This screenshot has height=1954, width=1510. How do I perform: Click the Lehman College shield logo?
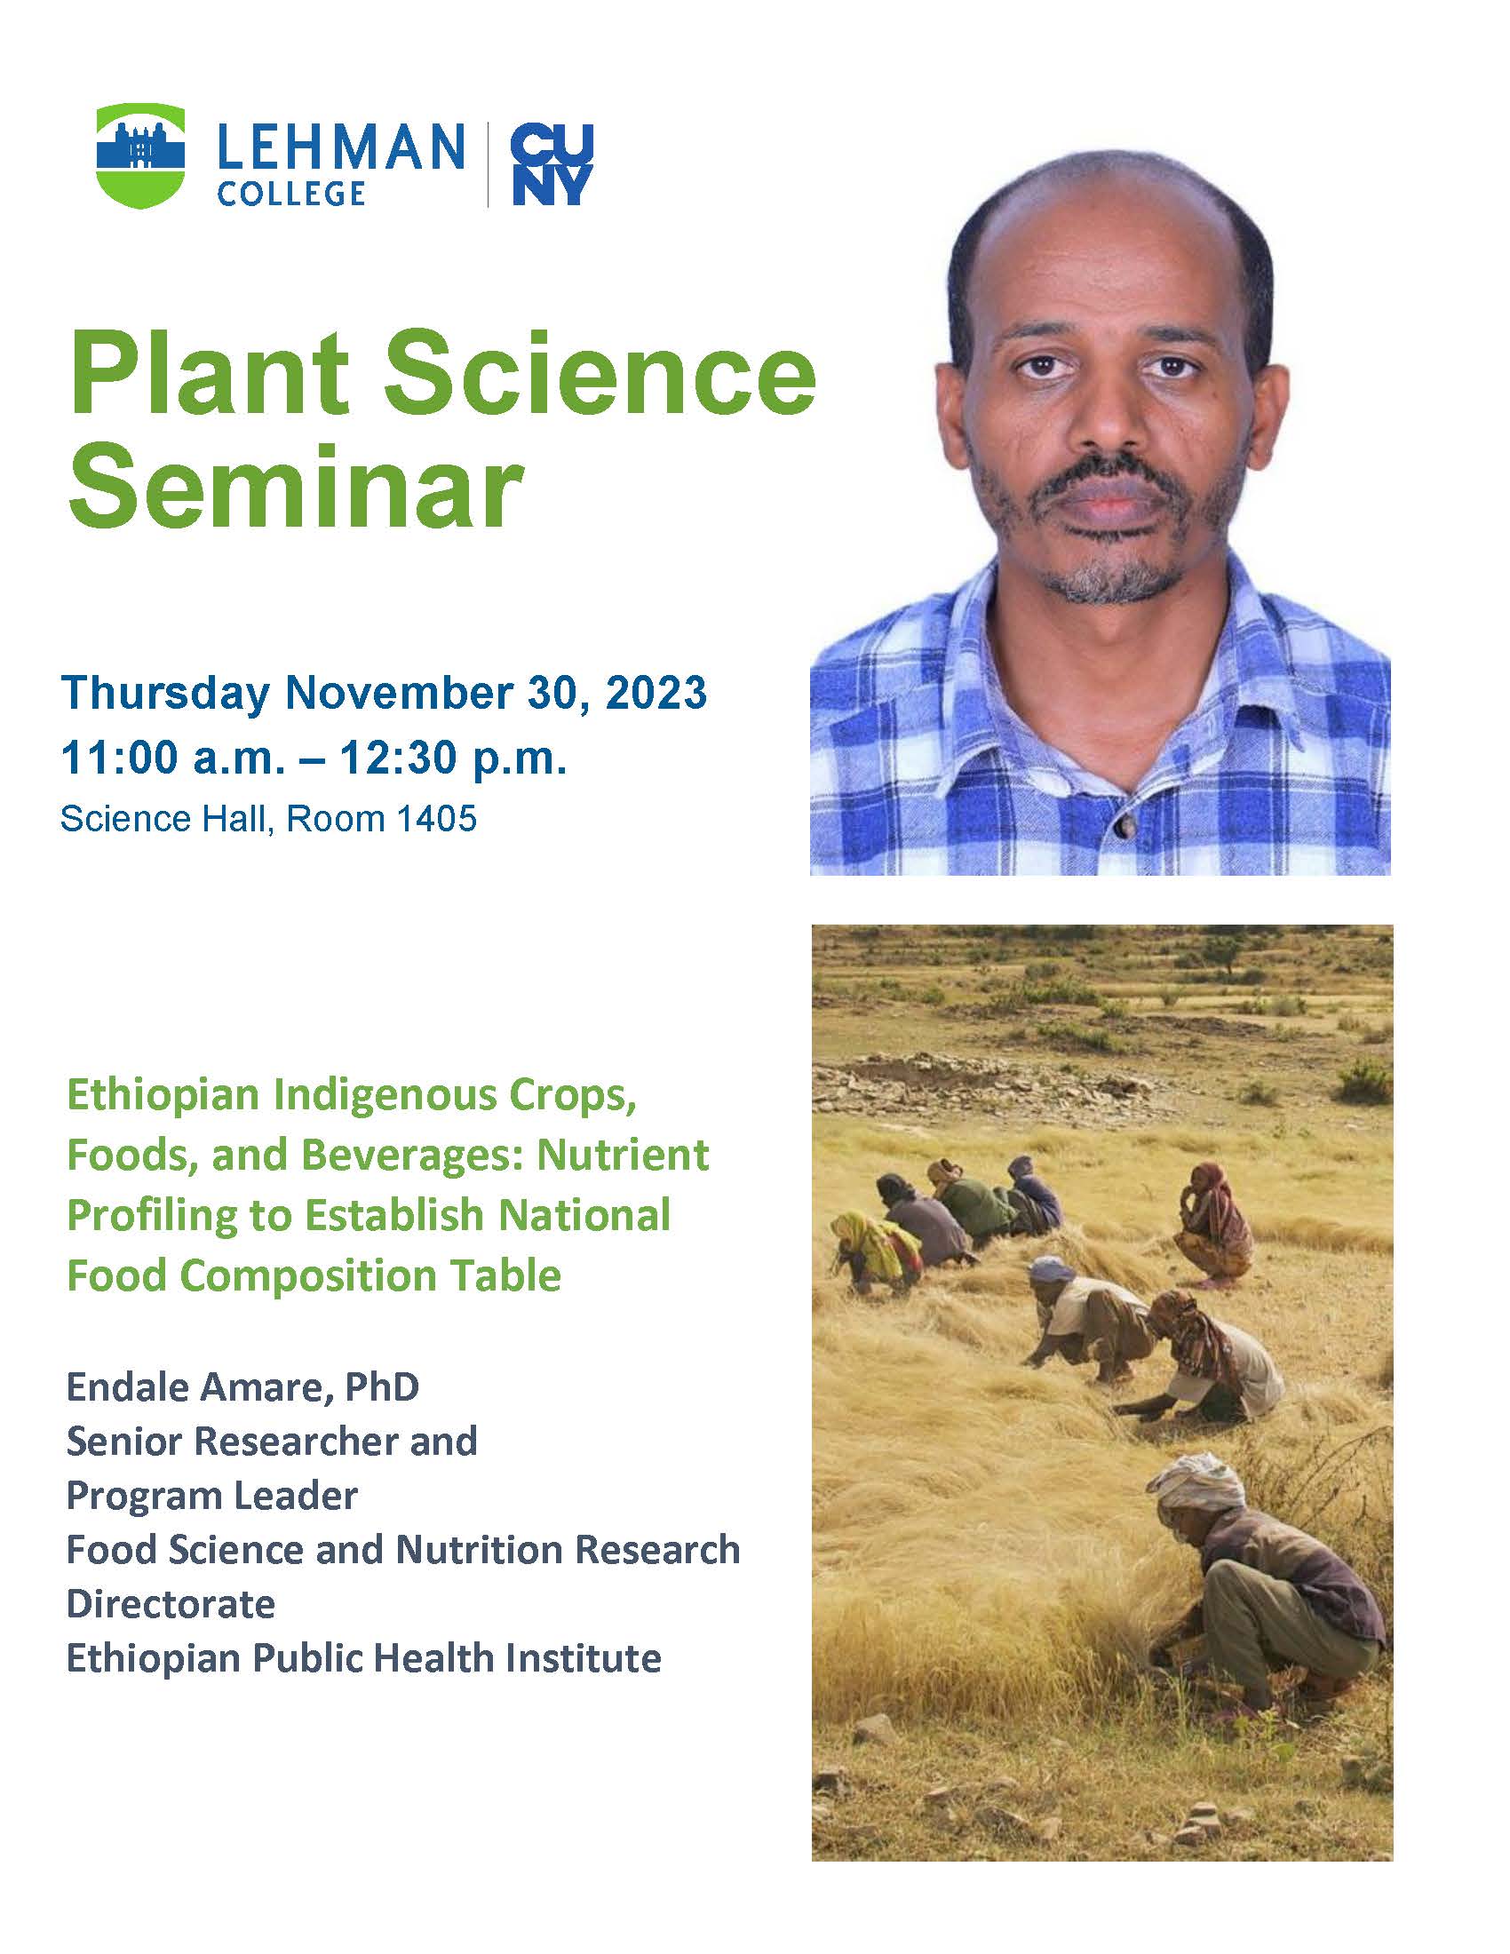coord(140,156)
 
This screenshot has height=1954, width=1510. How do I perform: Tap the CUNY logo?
coord(552,166)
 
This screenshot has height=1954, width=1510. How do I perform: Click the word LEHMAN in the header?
coord(341,147)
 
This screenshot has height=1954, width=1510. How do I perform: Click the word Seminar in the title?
coord(296,488)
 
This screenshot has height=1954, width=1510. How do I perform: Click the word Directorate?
coord(171,1603)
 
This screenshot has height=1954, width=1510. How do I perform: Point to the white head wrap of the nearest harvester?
coord(1196,1481)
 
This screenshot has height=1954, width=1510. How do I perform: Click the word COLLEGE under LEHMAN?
coord(291,193)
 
